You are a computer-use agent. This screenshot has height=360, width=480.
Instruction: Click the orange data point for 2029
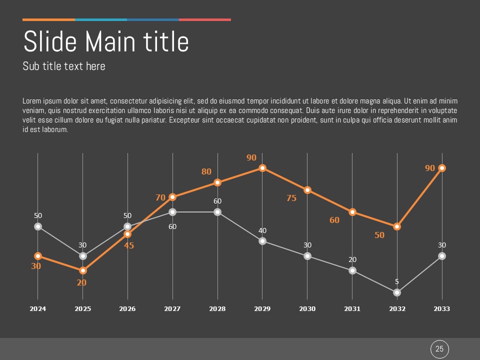[x=262, y=168]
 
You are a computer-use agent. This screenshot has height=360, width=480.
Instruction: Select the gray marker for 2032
[x=397, y=292]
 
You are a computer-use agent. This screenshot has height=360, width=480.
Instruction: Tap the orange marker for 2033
[x=442, y=168]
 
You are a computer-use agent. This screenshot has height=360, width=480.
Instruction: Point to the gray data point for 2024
[x=38, y=226]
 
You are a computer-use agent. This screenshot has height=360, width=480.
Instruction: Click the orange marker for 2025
[x=83, y=270]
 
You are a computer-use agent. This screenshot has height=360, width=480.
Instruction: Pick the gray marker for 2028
[x=217, y=212]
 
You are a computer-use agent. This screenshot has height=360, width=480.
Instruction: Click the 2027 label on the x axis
[x=172, y=309]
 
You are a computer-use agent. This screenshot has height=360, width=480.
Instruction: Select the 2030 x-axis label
[x=307, y=309]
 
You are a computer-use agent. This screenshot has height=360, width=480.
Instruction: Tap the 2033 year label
[x=442, y=309]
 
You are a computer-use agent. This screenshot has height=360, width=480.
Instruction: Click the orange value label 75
[x=291, y=198]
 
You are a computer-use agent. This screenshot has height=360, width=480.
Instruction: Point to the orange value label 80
[x=206, y=171]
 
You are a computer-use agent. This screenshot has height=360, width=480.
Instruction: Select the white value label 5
[x=397, y=281]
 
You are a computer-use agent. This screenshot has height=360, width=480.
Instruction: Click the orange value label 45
[x=129, y=245]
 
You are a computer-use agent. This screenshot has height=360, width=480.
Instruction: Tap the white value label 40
[x=262, y=230]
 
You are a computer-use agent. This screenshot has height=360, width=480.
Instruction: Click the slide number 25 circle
[x=440, y=349]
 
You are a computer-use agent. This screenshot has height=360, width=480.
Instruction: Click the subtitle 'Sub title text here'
[x=64, y=66]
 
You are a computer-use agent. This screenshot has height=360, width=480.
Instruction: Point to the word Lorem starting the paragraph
[x=32, y=101]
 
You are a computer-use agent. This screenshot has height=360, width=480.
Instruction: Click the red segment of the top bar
[x=205, y=19]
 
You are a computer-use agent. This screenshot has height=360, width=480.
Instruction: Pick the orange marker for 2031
[x=352, y=212]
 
